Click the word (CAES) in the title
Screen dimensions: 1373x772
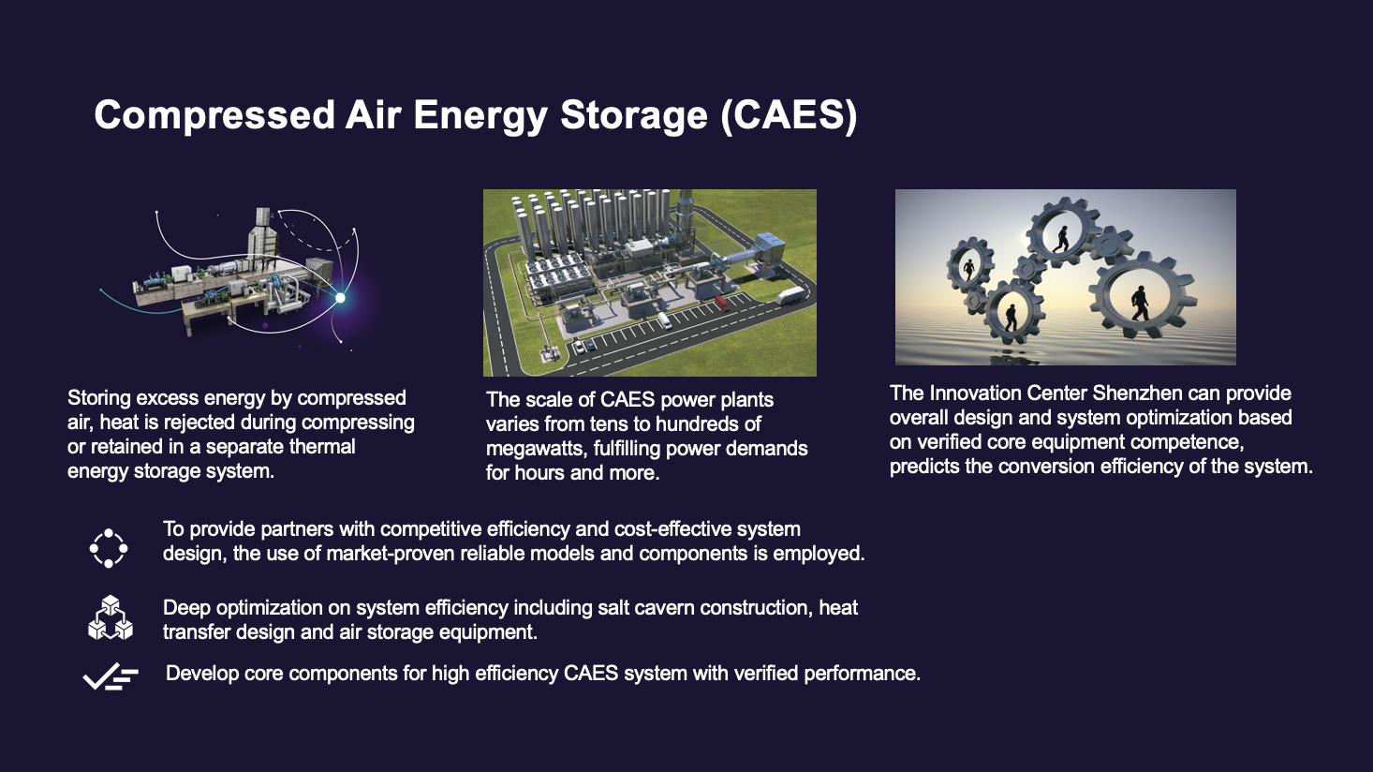789,114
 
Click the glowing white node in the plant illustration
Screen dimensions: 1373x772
340,298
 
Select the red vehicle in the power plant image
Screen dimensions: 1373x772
722,303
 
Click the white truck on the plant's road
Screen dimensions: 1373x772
790,295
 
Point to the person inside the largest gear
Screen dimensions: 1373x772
1140,303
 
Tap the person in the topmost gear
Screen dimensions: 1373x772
1061,239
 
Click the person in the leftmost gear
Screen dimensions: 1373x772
969,270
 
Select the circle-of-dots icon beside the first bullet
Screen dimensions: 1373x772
109,548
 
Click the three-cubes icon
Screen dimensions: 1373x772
111,618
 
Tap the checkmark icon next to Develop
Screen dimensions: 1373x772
111,676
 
